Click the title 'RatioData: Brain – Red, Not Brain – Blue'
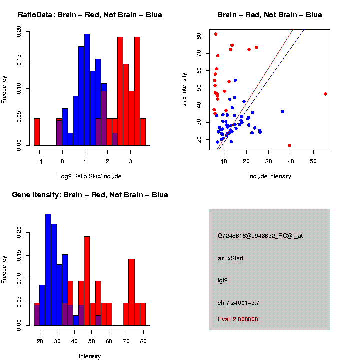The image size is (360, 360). tap(90, 15)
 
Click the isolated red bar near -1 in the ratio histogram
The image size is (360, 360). tap(37, 132)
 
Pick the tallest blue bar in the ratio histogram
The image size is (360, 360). tap(87, 90)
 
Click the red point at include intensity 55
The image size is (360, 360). tap(325, 94)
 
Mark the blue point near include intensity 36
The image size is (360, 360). tap(283, 111)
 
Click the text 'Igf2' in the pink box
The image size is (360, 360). tap(223, 281)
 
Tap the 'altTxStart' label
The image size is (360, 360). tap(230, 258)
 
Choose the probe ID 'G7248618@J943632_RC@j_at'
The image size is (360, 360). tap(260, 236)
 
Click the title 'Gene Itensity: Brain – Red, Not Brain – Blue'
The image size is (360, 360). tap(90, 195)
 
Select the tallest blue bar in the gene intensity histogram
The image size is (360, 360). tap(48, 270)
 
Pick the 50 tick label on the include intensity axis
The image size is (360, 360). tap(313, 161)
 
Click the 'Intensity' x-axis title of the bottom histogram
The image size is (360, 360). tap(90, 356)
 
